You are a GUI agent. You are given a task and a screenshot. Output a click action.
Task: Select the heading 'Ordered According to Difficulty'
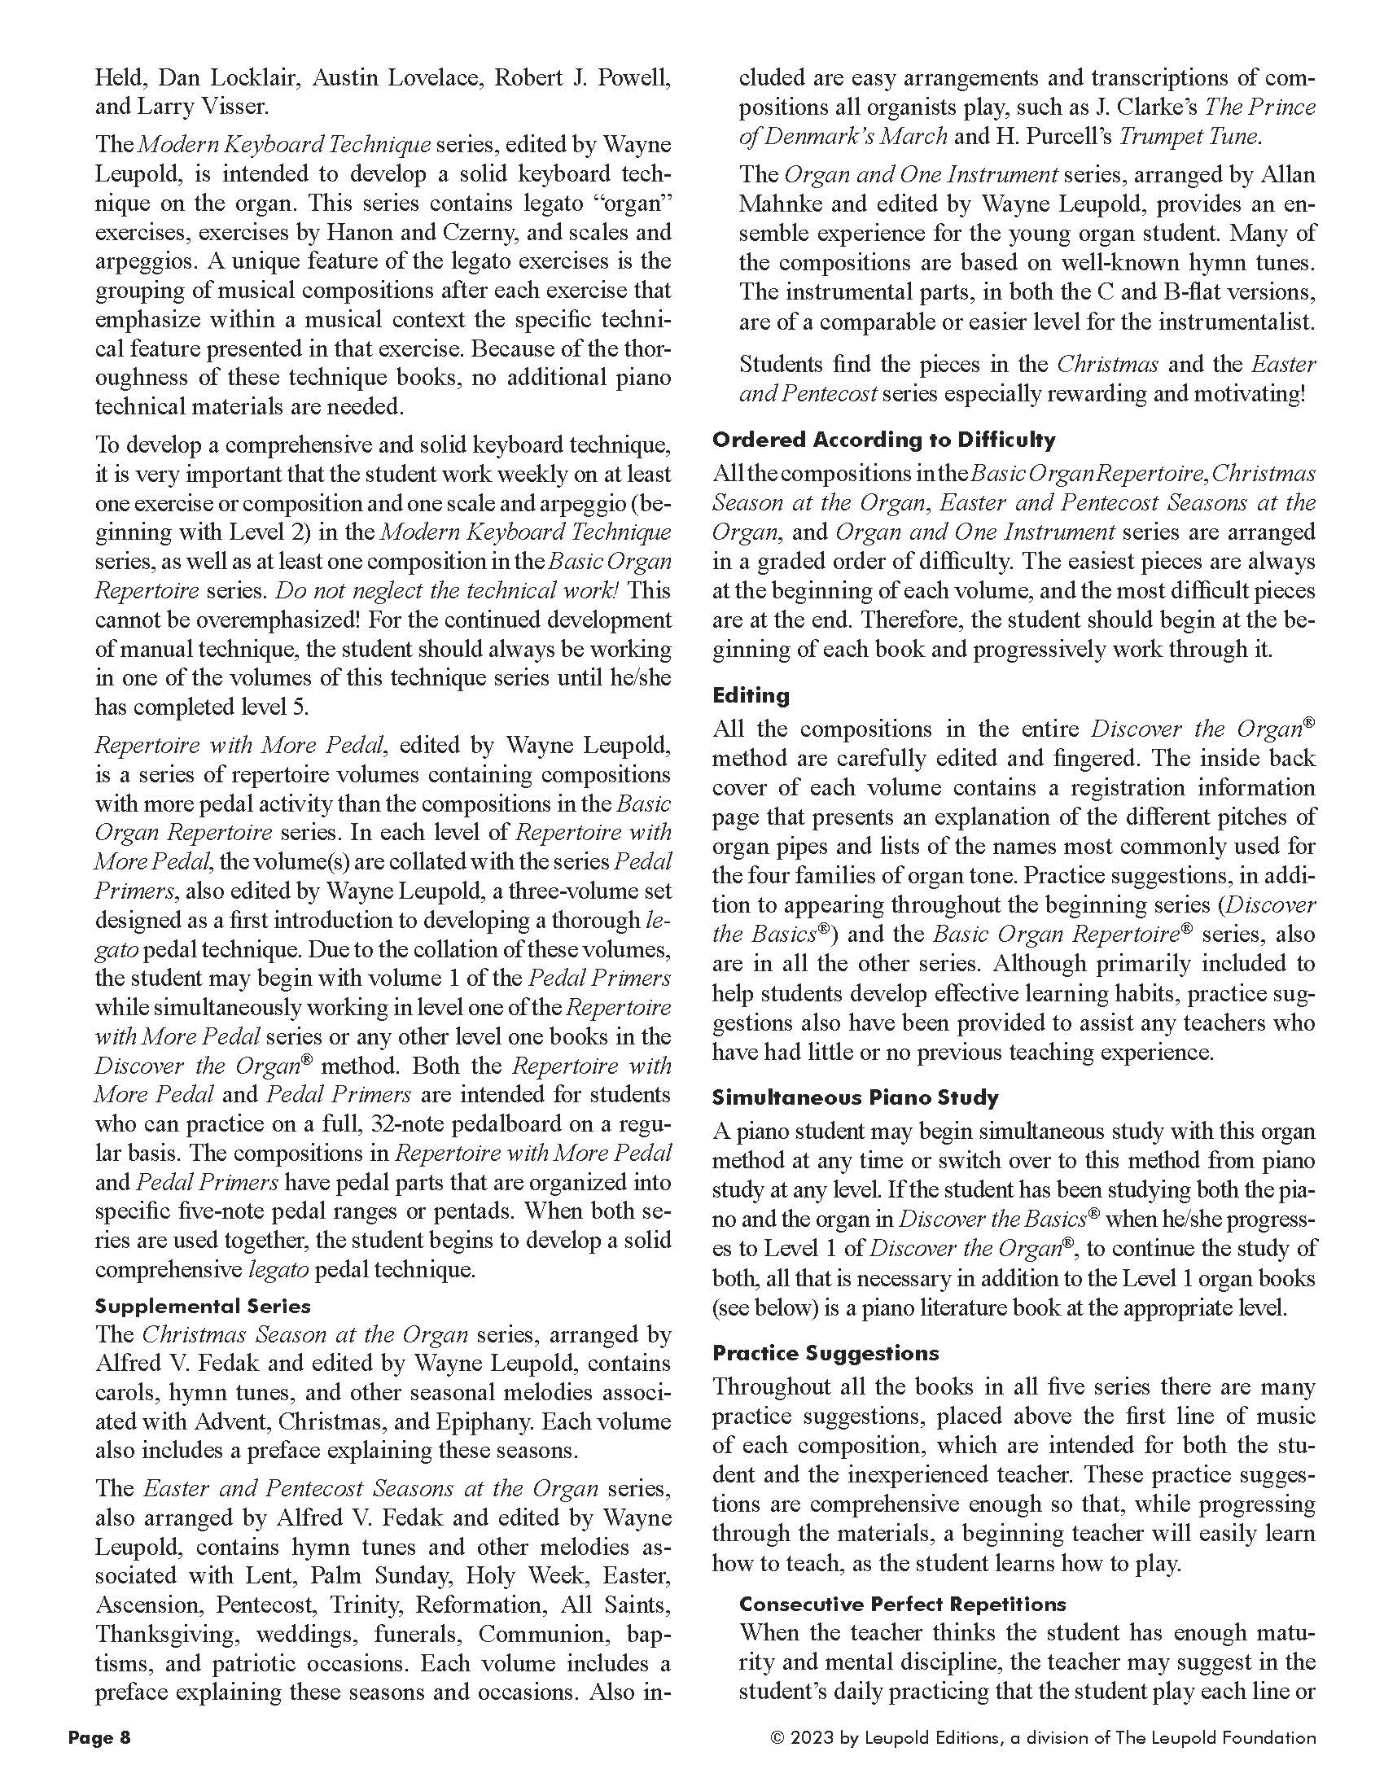point(884,440)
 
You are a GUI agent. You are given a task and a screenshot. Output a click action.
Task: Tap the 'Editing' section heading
point(751,695)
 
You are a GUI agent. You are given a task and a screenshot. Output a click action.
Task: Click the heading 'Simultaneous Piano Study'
point(855,1097)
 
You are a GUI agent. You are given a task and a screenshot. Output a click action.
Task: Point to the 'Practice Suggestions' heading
point(826,1353)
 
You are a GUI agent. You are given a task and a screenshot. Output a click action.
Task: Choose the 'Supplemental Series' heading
point(203,1307)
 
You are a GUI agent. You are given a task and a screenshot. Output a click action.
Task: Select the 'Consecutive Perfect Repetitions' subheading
point(902,1604)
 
